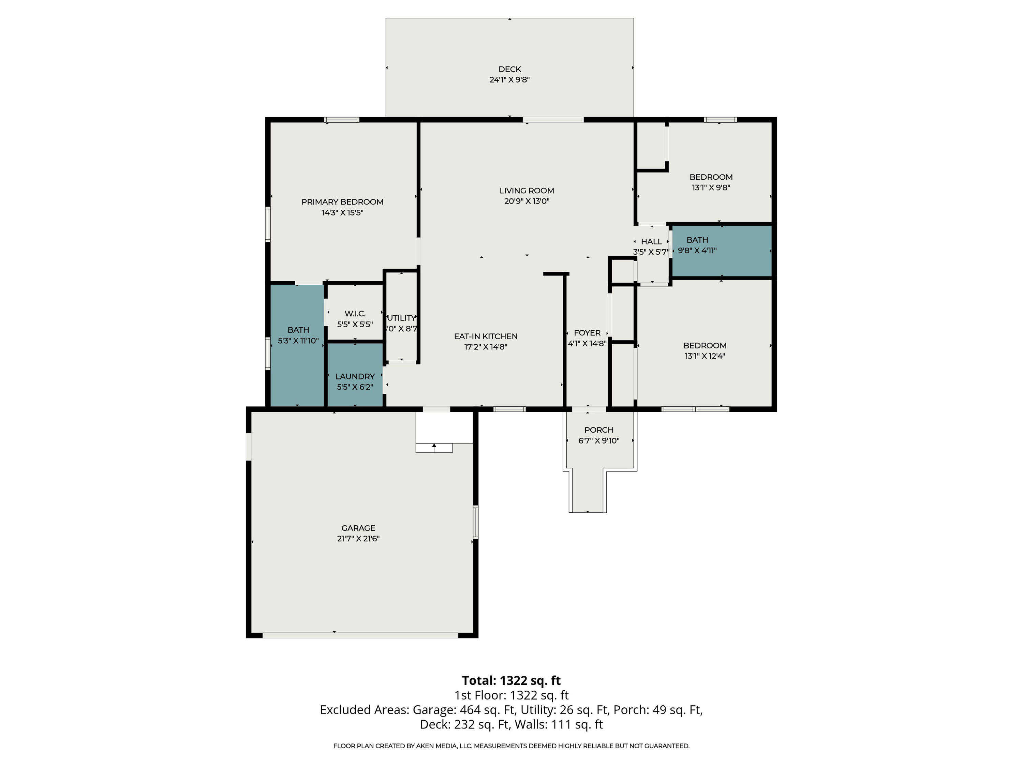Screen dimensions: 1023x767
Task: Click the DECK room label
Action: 510,69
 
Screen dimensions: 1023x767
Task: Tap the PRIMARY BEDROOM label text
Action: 342,202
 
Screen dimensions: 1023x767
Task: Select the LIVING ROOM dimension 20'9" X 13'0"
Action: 527,201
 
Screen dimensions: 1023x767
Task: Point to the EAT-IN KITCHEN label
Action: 486,336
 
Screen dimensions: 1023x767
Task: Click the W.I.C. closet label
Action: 355,314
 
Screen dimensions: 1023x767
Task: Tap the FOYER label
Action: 587,333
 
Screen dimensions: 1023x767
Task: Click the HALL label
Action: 652,241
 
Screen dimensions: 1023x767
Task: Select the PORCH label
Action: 599,430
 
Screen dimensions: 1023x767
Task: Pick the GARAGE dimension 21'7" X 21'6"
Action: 358,539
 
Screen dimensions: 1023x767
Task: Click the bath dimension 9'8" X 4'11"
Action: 697,251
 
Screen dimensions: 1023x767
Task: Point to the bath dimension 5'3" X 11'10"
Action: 298,341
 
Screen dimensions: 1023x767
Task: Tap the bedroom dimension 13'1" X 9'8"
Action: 711,188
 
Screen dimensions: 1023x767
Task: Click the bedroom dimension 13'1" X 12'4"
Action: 705,356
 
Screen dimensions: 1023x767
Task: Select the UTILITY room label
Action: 401,318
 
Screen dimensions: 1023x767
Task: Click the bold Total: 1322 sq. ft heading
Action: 512,680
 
